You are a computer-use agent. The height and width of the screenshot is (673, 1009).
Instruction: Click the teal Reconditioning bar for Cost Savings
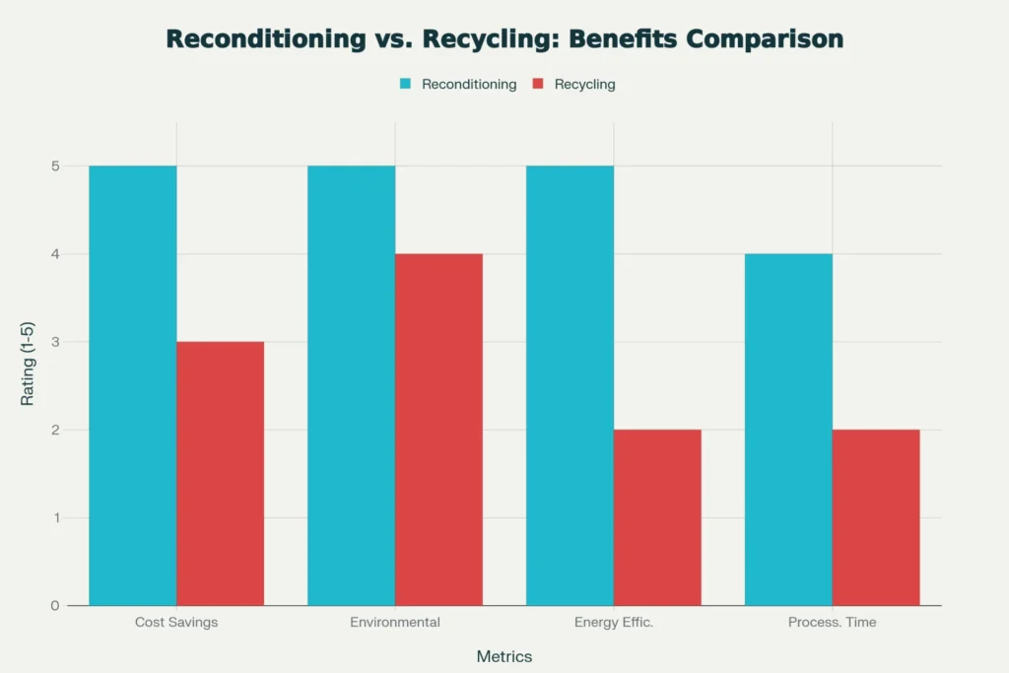pyautogui.click(x=133, y=385)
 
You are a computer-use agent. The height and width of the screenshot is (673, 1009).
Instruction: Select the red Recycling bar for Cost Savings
pyautogui.click(x=221, y=473)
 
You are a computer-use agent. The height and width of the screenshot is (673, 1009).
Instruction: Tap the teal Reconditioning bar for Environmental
pyautogui.click(x=352, y=385)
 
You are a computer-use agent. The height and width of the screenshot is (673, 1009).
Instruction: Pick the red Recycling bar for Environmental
pyautogui.click(x=439, y=430)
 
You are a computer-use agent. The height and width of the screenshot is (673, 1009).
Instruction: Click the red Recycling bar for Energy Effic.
pyautogui.click(x=658, y=517)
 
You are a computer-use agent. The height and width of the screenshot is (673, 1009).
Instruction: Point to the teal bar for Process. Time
pyautogui.click(x=788, y=430)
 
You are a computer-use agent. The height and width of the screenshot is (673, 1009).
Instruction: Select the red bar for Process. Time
pyautogui.click(x=876, y=517)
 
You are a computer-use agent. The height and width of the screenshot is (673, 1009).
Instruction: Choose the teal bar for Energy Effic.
pyautogui.click(x=570, y=385)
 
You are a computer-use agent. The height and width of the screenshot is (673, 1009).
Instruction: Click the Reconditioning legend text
pyautogui.click(x=469, y=85)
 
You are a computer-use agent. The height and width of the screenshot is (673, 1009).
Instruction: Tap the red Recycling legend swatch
pyautogui.click(x=537, y=85)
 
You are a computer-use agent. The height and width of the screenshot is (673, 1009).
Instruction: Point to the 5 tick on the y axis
pyautogui.click(x=56, y=167)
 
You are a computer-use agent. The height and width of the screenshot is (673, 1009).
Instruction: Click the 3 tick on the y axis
pyautogui.click(x=56, y=342)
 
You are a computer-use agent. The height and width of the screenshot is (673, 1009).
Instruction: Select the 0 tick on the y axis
pyautogui.click(x=56, y=606)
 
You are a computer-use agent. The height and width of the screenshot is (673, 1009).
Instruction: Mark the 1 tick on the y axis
pyautogui.click(x=56, y=518)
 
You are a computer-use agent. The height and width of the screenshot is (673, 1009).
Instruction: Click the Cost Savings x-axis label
pyautogui.click(x=176, y=623)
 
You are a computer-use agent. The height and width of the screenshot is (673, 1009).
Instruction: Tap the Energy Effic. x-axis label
pyautogui.click(x=613, y=623)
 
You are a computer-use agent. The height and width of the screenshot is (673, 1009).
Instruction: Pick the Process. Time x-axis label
pyautogui.click(x=832, y=623)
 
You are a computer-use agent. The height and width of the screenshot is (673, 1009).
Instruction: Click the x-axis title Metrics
pyautogui.click(x=504, y=656)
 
